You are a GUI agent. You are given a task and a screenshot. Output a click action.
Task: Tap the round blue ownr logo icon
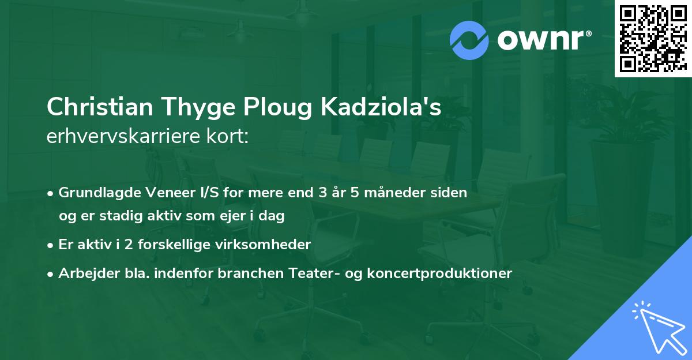(469, 40)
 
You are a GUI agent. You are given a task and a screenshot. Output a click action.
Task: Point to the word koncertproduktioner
(442, 273)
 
